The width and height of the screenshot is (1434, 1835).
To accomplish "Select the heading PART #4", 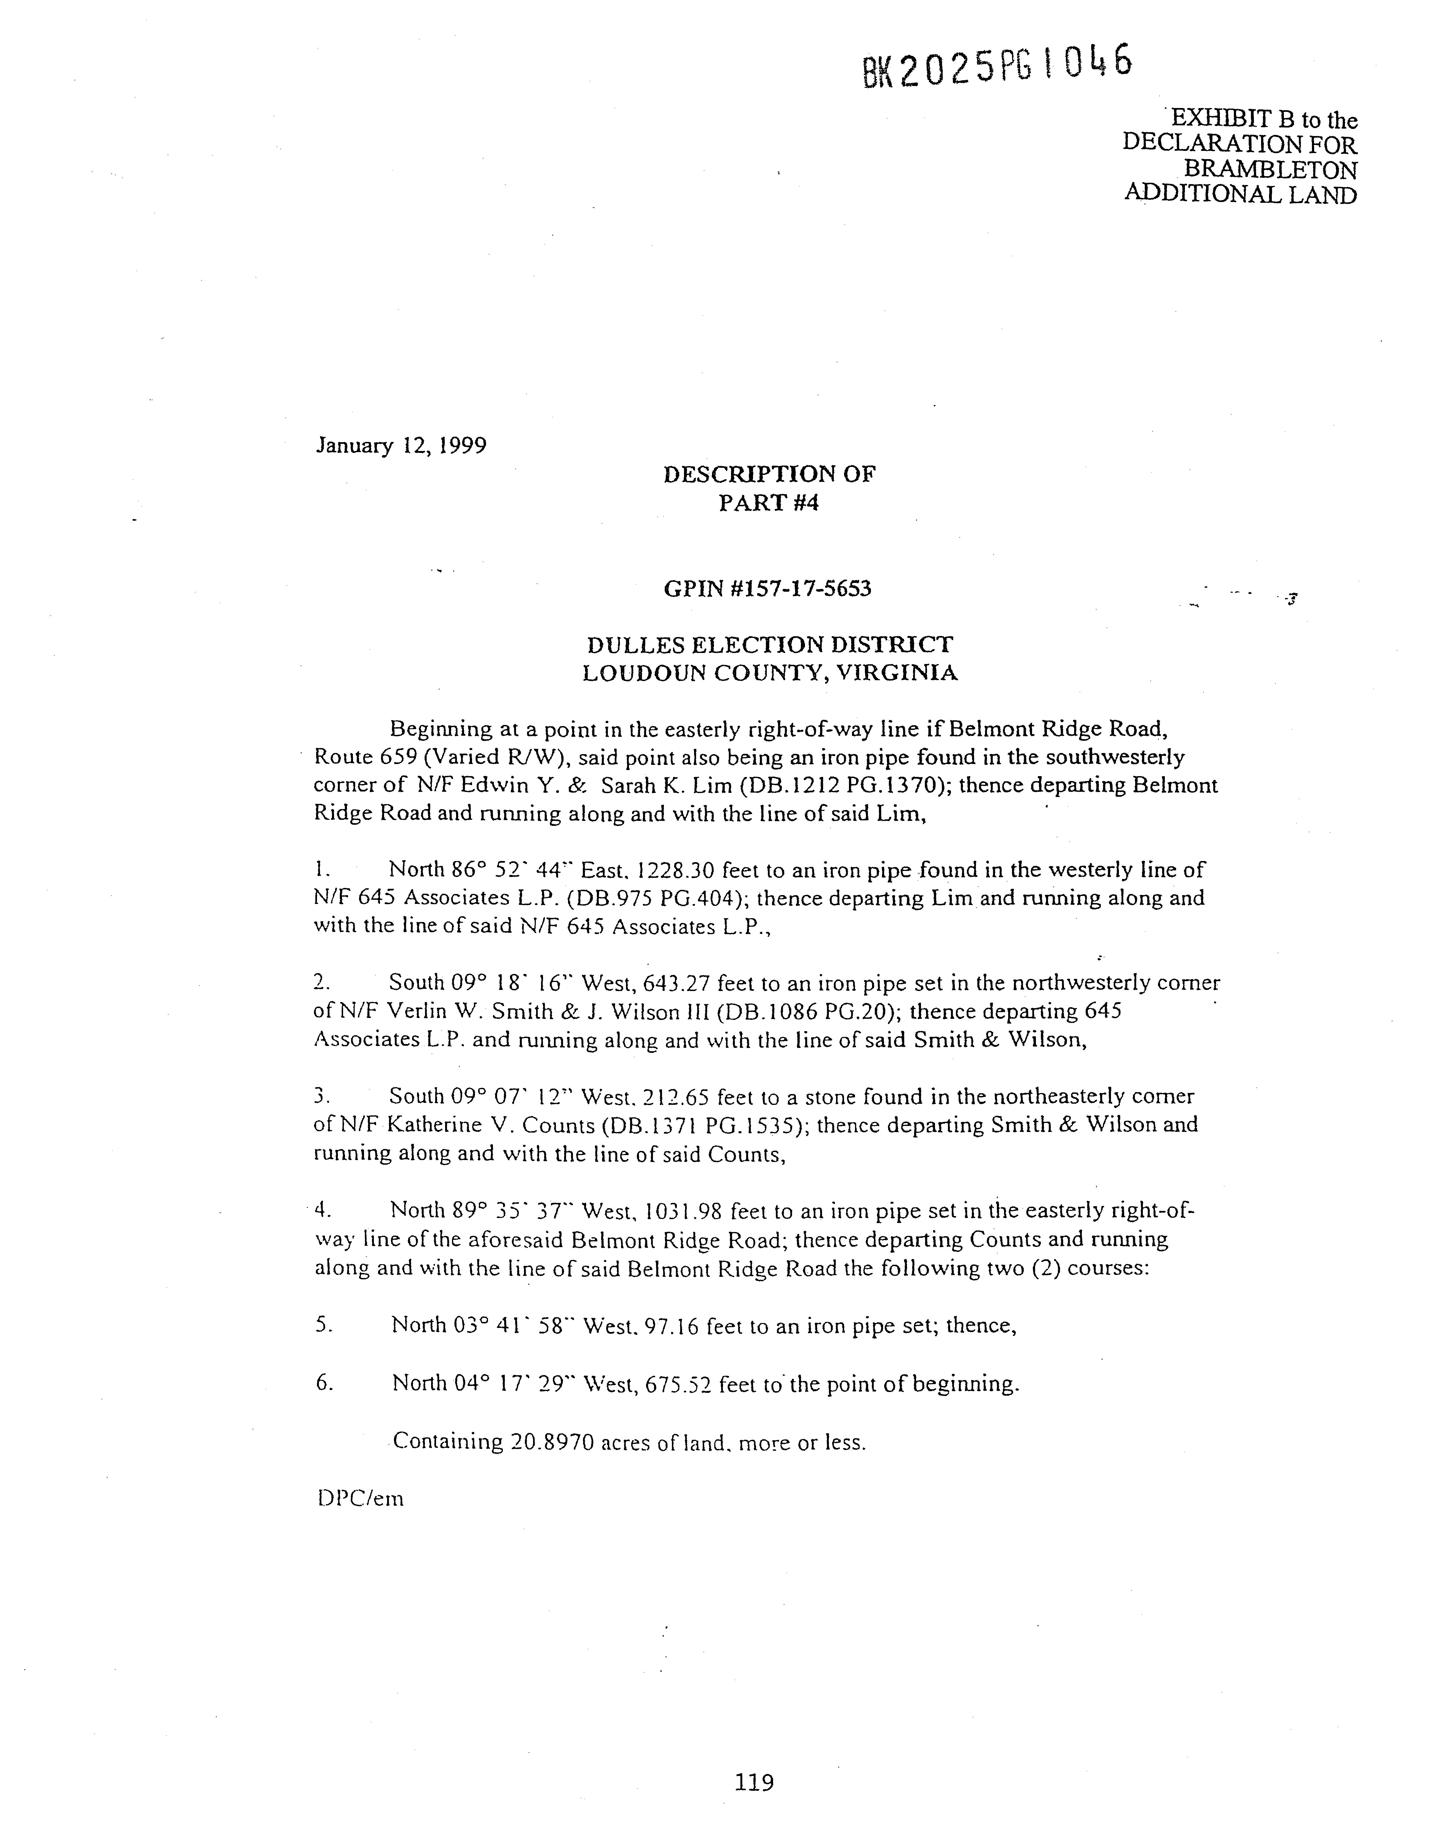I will tap(768, 502).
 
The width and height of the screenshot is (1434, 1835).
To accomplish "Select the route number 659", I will tap(399, 757).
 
